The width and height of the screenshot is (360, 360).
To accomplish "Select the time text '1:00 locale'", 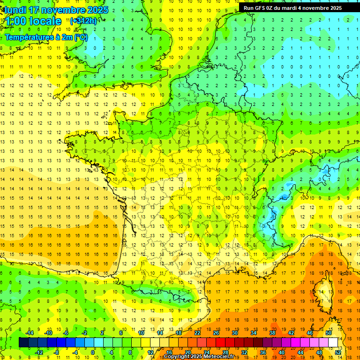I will point(33,21).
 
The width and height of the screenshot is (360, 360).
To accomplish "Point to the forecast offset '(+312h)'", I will point(83,21).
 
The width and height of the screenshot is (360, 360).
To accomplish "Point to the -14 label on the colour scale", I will point(30,333).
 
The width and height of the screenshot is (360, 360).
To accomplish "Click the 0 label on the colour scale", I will point(93,352).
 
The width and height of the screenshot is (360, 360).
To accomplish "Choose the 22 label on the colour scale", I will point(197,333).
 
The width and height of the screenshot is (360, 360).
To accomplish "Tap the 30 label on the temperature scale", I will point(235,333).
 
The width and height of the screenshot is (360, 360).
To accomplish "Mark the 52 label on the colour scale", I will point(338,352).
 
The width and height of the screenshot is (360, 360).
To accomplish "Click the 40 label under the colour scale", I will point(281,352).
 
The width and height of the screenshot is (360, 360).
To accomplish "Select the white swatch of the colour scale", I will point(333,342).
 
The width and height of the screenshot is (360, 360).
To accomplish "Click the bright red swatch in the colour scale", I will point(221,342).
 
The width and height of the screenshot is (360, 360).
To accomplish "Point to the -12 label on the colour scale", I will point(39,352).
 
